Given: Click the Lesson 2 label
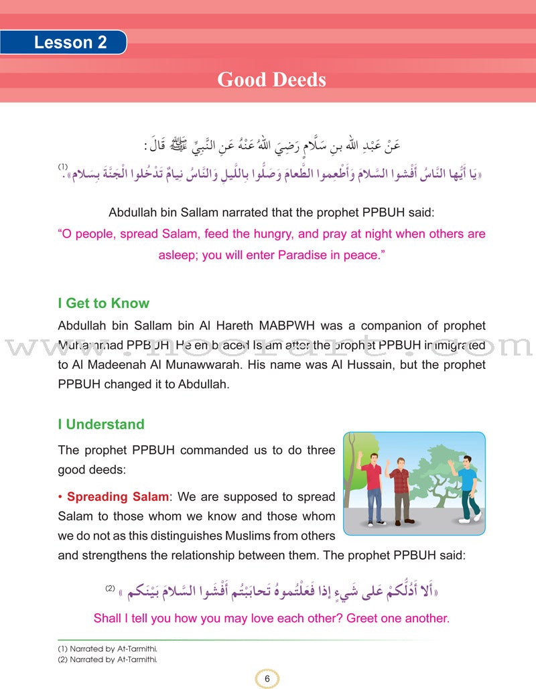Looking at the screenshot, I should click(70, 43).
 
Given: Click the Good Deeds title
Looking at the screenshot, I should click(271, 80).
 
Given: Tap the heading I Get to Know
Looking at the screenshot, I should click(103, 303).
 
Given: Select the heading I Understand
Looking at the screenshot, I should click(100, 424).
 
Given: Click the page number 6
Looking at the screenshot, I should click(267, 678).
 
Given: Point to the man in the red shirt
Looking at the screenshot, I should click(373, 487).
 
